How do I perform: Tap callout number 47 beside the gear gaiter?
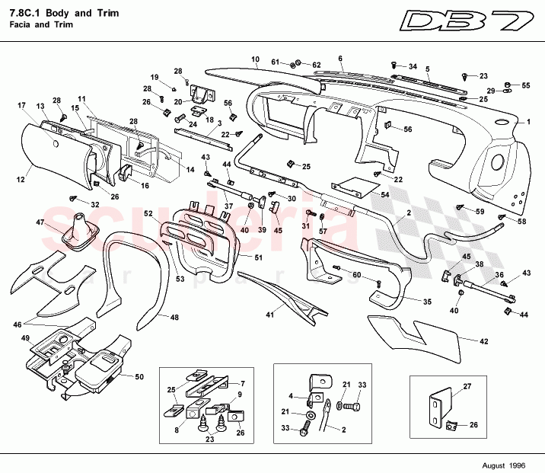click(x=40, y=222)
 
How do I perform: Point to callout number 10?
click(x=255, y=59)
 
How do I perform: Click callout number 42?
click(x=483, y=341)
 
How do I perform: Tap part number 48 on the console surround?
click(x=174, y=317)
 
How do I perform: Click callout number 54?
click(x=384, y=196)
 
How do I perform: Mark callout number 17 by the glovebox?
click(x=21, y=105)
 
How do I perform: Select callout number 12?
click(x=21, y=180)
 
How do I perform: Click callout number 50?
click(x=139, y=376)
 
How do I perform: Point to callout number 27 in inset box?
click(x=468, y=386)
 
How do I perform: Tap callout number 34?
click(x=413, y=66)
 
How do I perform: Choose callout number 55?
click(x=526, y=85)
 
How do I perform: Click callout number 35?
click(x=427, y=302)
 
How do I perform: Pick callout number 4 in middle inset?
click(x=290, y=395)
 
